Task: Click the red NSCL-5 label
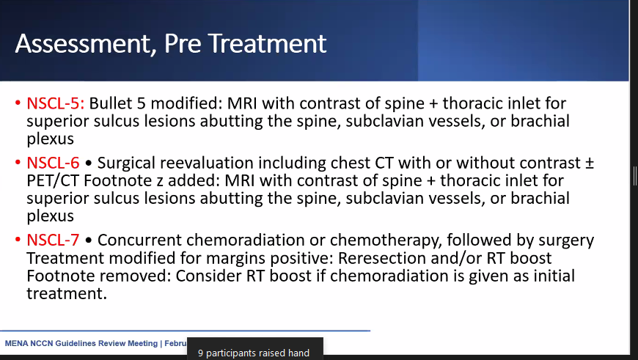56,103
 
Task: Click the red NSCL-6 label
56,163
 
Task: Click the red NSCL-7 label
56,240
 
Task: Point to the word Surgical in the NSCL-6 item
127,163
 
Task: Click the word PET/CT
53,180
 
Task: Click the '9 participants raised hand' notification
254,353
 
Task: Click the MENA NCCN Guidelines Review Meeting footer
81,343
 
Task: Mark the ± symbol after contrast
587,163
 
